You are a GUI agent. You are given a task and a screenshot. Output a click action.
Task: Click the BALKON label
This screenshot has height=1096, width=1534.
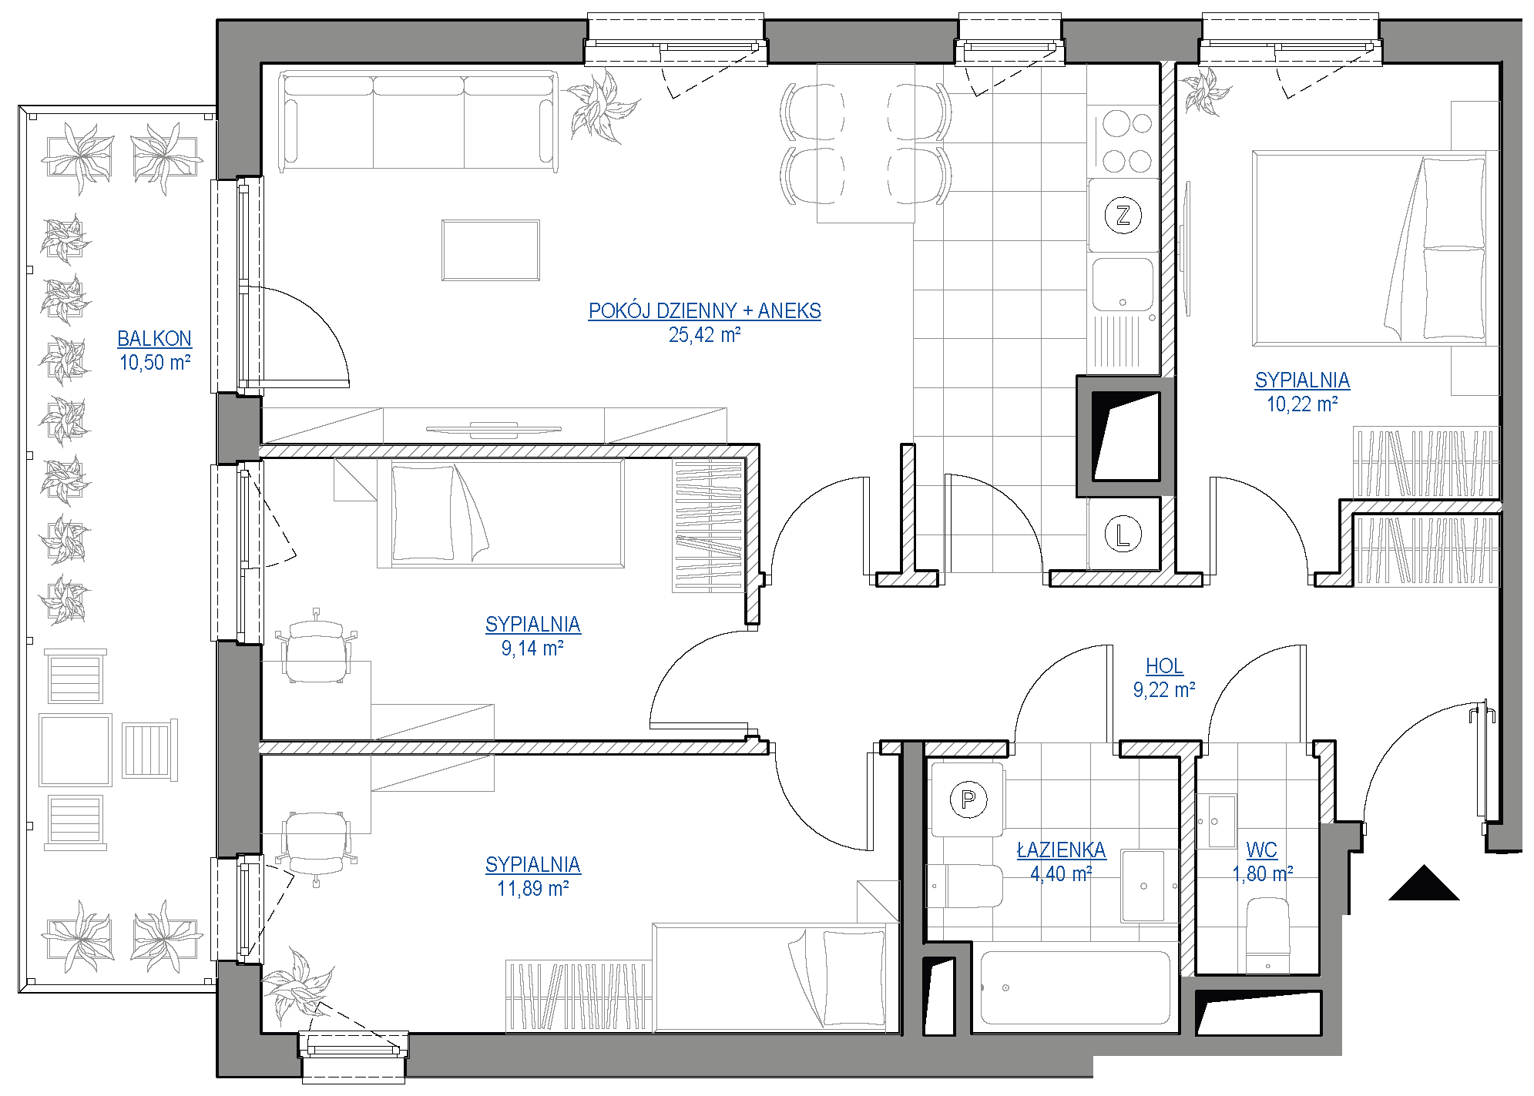pyautogui.click(x=154, y=338)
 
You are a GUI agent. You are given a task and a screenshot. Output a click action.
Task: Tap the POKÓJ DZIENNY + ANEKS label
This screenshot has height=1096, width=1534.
pyautogui.click(x=704, y=310)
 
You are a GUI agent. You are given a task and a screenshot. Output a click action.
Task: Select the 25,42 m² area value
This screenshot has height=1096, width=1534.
pyautogui.click(x=704, y=334)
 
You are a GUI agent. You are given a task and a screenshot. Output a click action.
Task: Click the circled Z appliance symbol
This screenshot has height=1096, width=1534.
pyautogui.click(x=1123, y=215)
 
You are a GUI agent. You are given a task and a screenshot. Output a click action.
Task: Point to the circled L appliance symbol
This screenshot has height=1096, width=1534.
pyautogui.click(x=1123, y=534)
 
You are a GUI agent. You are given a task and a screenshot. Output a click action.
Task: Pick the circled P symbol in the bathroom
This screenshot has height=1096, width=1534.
pyautogui.click(x=968, y=799)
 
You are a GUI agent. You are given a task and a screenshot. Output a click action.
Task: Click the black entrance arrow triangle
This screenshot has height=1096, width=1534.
pyautogui.click(x=1424, y=883)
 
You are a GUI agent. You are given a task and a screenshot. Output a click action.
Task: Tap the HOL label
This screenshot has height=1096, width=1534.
pyautogui.click(x=1163, y=665)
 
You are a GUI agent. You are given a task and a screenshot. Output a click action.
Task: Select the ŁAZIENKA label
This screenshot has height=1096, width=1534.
pyautogui.click(x=1061, y=850)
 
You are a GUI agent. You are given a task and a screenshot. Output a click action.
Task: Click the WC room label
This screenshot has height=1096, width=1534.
pyautogui.click(x=1261, y=850)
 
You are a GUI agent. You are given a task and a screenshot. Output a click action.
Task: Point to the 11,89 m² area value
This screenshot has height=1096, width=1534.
pyautogui.click(x=532, y=888)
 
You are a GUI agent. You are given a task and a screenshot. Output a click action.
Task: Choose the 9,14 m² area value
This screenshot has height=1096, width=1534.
pyautogui.click(x=532, y=648)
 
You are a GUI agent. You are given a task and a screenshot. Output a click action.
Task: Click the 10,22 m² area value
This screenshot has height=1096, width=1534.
pyautogui.click(x=1302, y=404)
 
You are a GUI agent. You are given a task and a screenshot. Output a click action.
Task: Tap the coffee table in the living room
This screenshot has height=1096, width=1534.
pyautogui.click(x=491, y=250)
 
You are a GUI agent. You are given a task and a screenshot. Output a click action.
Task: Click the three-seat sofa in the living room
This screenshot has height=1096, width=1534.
pyautogui.click(x=418, y=121)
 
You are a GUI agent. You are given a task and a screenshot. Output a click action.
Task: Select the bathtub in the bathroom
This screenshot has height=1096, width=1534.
pyautogui.click(x=1075, y=988)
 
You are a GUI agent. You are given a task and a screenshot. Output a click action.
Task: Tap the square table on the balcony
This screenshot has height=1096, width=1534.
pyautogui.click(x=76, y=749)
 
